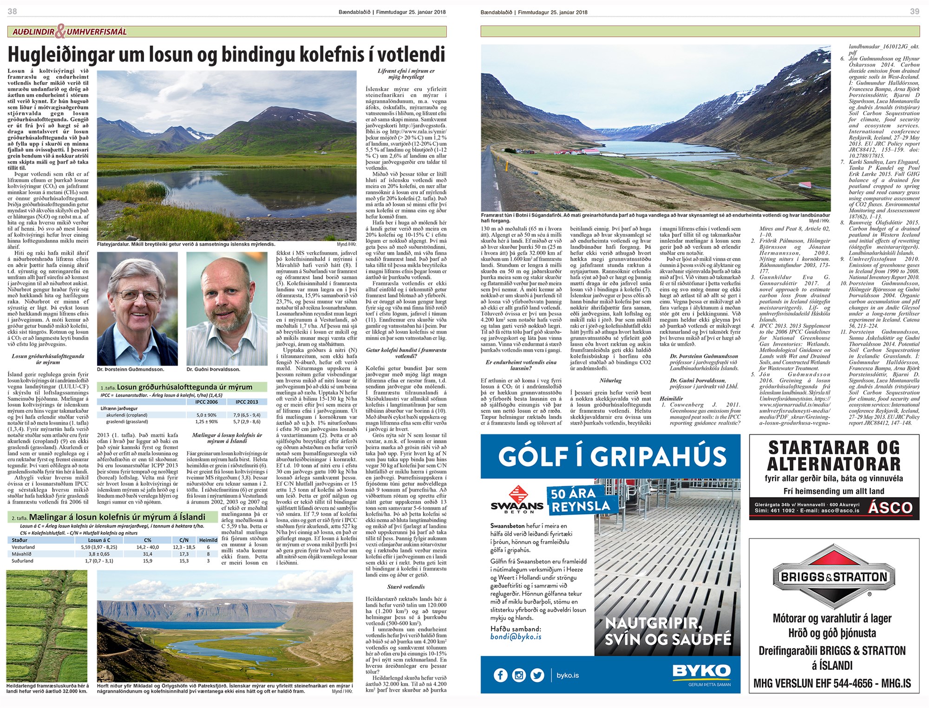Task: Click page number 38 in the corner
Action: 13,11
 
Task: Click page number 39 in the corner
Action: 914,11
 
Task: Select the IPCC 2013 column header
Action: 247,402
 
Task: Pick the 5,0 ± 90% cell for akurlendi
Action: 207,415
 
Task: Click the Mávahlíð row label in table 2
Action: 22,554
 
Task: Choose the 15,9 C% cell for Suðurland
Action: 148,561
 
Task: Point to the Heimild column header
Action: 208,540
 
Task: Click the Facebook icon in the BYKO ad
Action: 500,675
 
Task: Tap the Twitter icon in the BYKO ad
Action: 537,675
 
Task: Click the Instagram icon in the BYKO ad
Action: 519,675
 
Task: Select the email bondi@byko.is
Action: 516,636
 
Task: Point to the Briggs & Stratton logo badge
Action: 834,577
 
